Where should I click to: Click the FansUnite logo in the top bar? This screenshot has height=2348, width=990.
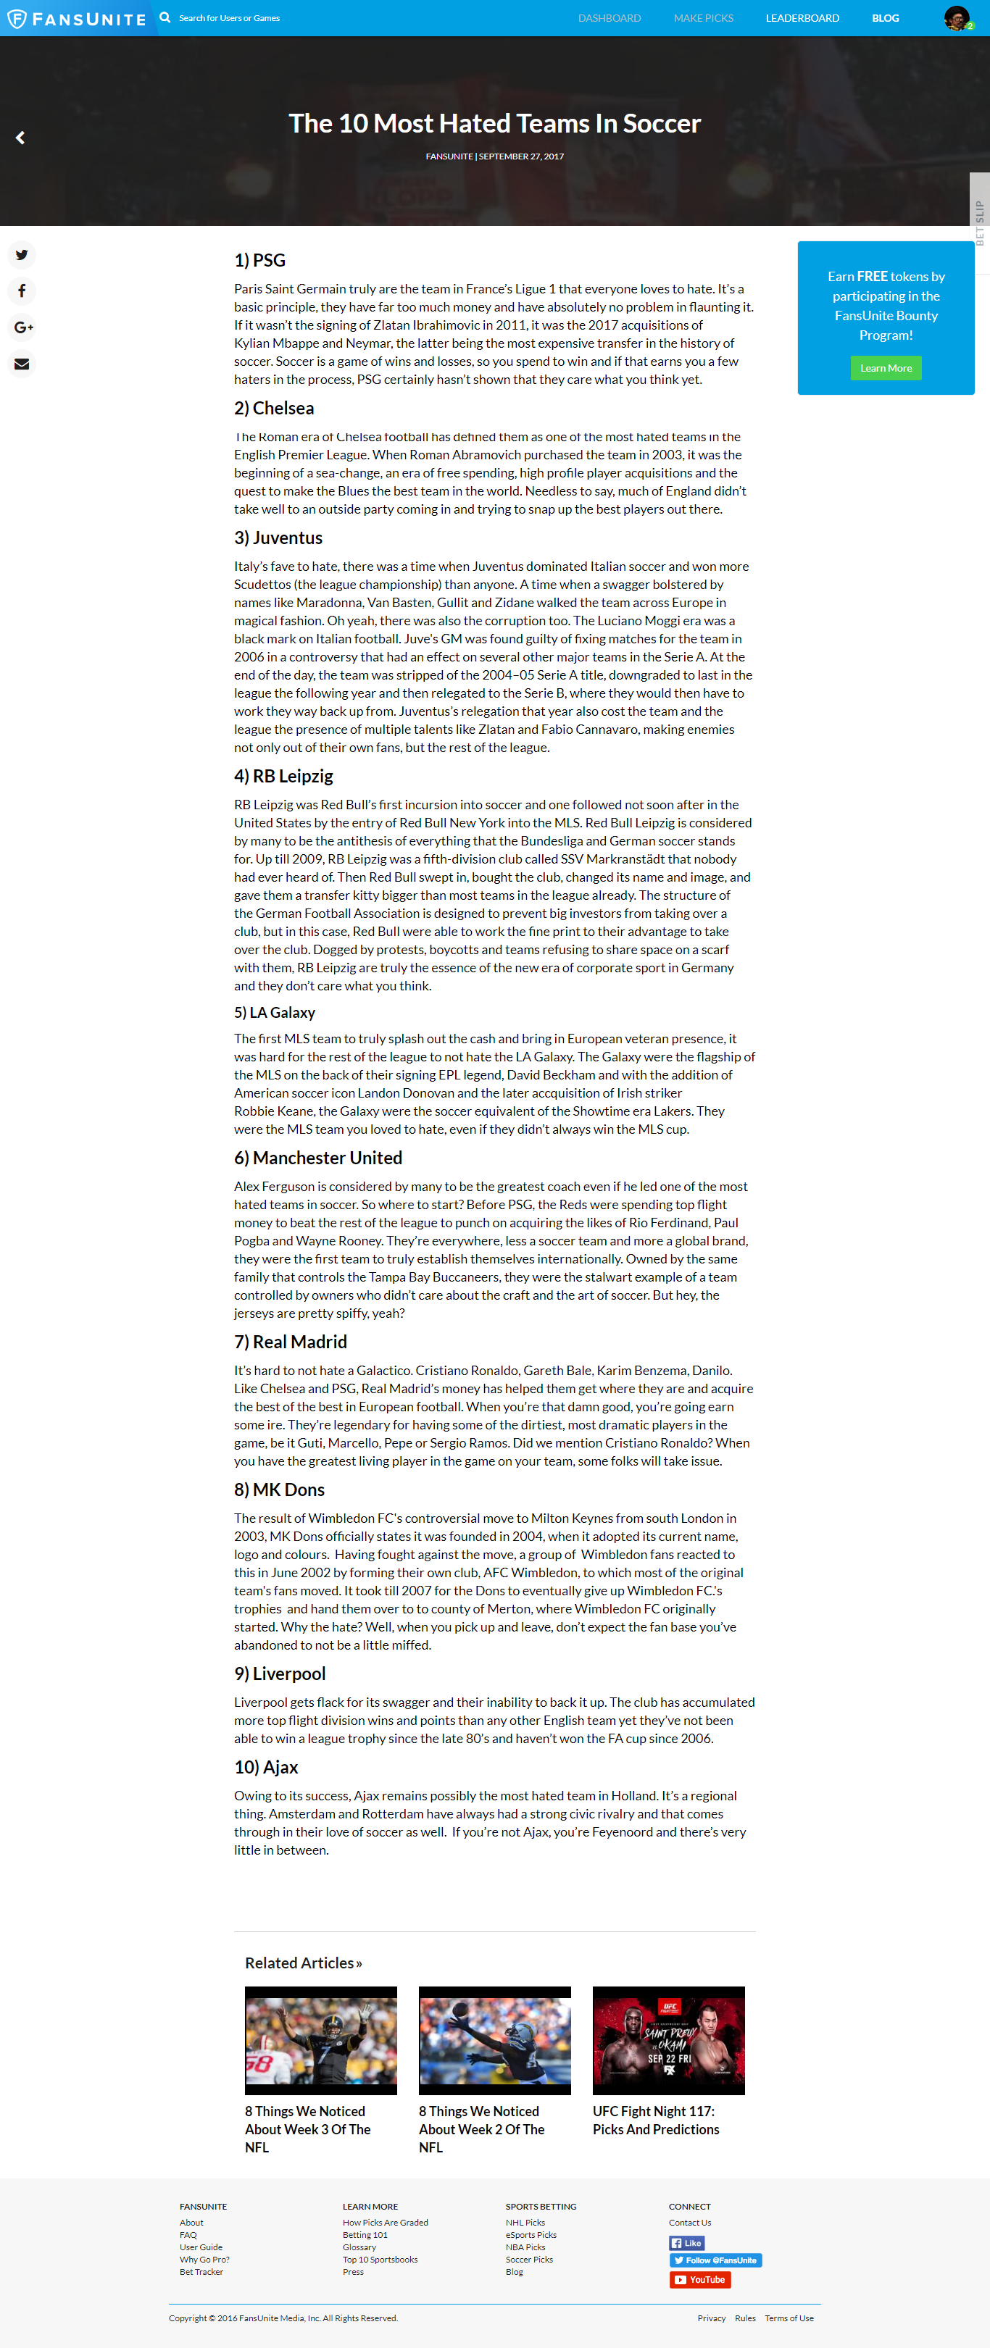click(x=77, y=18)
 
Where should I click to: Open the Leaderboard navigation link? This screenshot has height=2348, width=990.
click(x=802, y=18)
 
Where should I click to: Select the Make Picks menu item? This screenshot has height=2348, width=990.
click(x=703, y=18)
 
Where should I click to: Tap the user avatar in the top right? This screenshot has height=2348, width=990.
click(x=956, y=17)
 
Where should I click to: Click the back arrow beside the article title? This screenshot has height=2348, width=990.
click(x=20, y=138)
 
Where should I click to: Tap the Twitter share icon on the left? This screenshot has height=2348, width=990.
click(x=22, y=255)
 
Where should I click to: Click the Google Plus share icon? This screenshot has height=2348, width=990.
click(x=22, y=327)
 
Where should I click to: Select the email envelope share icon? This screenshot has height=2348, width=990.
click(x=22, y=364)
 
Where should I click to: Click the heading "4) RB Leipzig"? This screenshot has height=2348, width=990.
click(x=283, y=776)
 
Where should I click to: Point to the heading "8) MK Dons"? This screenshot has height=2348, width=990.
click(x=279, y=1490)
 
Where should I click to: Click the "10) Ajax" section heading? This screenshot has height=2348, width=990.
click(x=266, y=1766)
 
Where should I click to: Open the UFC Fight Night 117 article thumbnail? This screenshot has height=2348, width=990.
click(x=668, y=2040)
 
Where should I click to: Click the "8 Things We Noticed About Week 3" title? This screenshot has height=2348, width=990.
click(x=307, y=2128)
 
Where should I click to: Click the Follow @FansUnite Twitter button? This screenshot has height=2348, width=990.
click(x=715, y=2260)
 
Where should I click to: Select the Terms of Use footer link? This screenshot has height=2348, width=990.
click(x=789, y=2318)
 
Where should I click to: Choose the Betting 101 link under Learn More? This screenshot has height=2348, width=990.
click(x=365, y=2235)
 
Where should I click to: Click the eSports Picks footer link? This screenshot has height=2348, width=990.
click(x=531, y=2235)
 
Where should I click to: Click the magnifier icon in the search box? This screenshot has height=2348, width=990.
click(x=165, y=17)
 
